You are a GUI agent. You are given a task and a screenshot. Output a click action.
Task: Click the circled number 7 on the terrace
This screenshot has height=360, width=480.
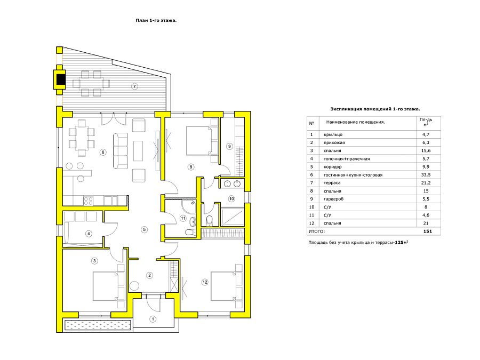pos(134,86)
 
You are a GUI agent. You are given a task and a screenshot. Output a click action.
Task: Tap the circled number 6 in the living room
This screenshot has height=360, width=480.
pos(103,152)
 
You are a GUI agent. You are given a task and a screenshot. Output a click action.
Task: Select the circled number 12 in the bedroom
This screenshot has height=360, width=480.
pos(205,282)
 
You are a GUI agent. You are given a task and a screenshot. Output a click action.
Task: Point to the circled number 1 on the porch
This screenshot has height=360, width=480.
pos(153,319)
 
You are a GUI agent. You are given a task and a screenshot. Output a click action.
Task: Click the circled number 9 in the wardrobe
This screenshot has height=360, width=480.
pos(229,146)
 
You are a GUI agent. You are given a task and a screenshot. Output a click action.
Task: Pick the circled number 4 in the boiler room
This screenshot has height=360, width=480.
pos(89,234)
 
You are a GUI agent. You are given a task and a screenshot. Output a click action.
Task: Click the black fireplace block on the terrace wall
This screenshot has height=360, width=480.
pos(61,79)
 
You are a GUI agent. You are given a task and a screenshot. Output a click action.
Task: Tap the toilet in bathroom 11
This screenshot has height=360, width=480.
pos(191,233)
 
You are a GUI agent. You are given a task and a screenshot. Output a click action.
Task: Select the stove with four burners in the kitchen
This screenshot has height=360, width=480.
pos(88,201)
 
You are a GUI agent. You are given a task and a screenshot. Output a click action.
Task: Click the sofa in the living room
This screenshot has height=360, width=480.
pos(121,150)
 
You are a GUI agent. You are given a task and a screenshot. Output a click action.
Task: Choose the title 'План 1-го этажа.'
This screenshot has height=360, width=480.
pos(156,20)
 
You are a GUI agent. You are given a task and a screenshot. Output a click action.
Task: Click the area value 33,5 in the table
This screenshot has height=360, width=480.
pos(426,175)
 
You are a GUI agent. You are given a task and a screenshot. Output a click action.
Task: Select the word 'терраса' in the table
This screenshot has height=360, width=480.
pos(332,183)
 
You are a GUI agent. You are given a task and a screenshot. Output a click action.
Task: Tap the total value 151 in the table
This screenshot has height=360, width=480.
pos(427,231)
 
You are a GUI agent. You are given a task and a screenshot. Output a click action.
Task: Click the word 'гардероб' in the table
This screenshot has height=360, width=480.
pos(334,199)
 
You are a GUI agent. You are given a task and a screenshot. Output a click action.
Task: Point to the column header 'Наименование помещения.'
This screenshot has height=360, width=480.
pos(355,122)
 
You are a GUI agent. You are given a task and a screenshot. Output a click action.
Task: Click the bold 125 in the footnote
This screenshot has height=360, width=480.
pos(399,242)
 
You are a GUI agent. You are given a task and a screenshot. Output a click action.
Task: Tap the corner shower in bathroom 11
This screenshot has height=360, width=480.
pos(189,206)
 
